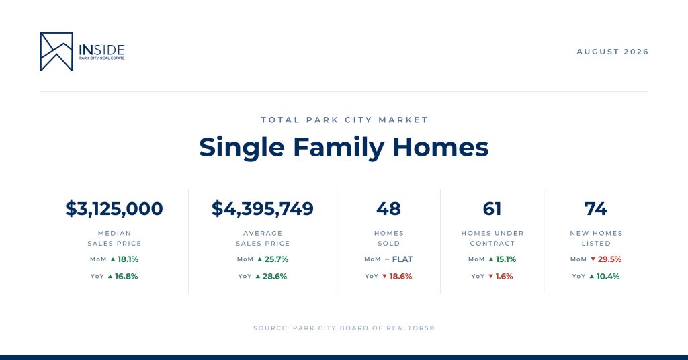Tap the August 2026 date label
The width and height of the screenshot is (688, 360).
click(613, 52)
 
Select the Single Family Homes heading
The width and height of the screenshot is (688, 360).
click(344, 147)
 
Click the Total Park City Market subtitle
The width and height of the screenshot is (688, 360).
click(345, 120)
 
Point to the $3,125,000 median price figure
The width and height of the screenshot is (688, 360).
click(114, 209)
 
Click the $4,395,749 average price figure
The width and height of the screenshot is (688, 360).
click(263, 209)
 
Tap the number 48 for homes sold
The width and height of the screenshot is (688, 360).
click(389, 209)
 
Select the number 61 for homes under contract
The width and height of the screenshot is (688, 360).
click(492, 209)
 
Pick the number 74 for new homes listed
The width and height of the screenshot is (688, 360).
click(596, 209)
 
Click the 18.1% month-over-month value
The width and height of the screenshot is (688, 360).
click(128, 259)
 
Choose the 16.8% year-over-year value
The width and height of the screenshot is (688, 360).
click(126, 276)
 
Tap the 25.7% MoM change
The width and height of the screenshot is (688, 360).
click(276, 259)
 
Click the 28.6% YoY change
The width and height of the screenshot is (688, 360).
click(275, 276)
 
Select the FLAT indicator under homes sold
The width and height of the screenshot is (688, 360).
click(402, 259)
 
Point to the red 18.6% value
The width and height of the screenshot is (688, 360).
click(400, 276)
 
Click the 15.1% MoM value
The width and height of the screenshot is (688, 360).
click(506, 259)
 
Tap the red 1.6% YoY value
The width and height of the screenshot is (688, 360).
click(504, 276)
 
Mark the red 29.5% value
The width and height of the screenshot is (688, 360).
click(609, 259)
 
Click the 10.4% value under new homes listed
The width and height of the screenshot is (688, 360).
click(607, 276)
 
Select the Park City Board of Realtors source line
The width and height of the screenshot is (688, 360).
click(344, 328)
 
